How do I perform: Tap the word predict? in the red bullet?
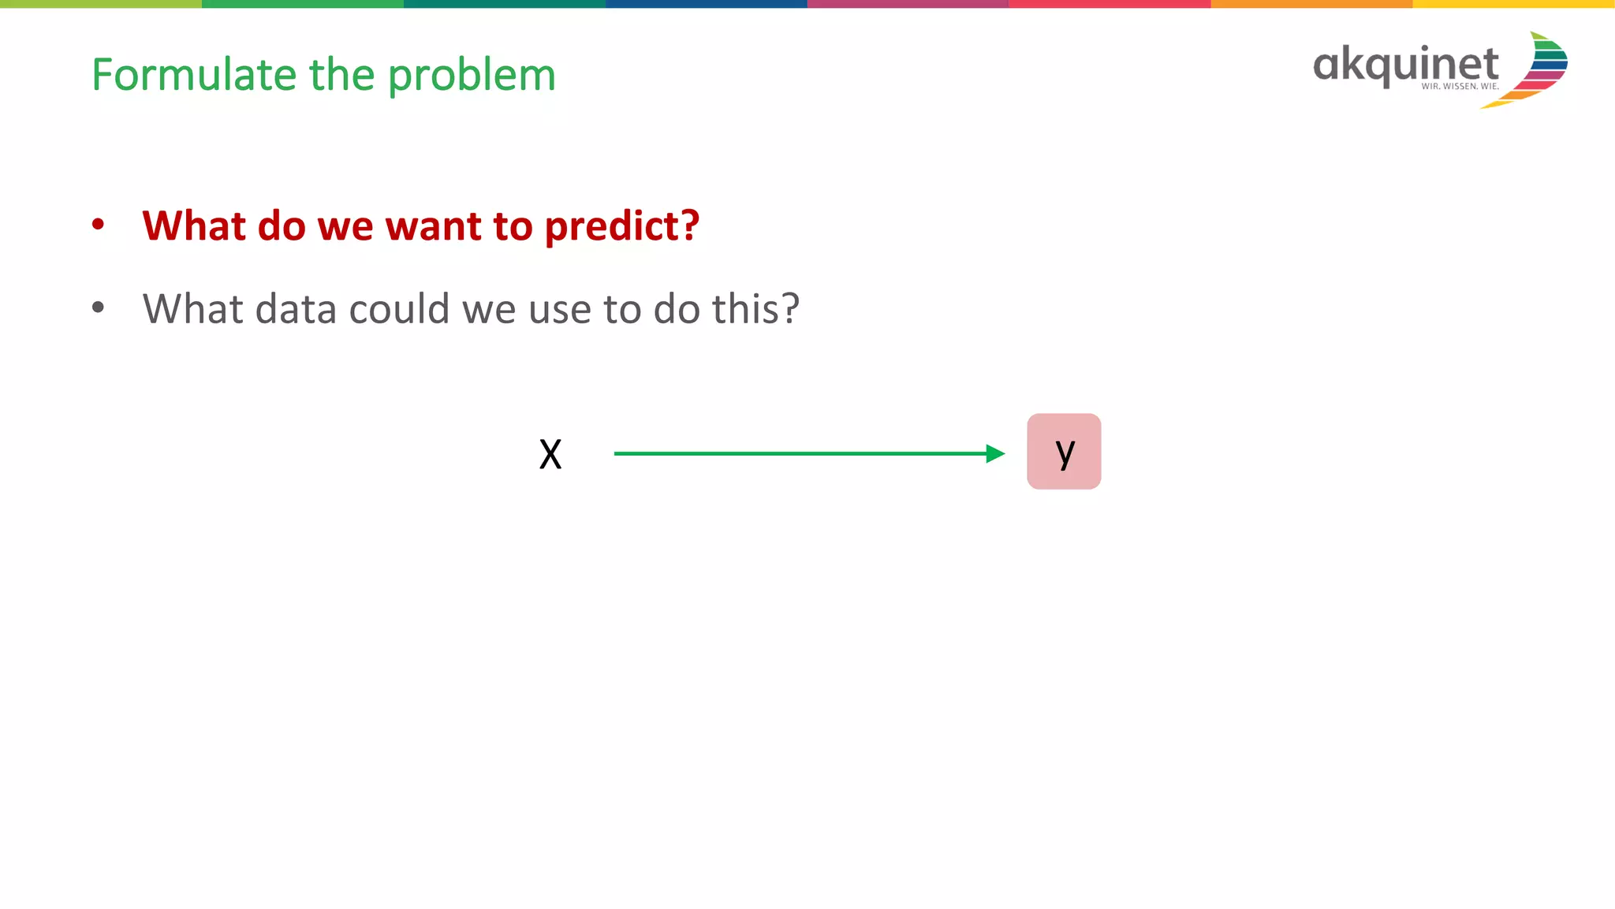click(x=621, y=227)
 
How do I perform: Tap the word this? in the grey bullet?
click(x=755, y=308)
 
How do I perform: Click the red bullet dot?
click(x=98, y=225)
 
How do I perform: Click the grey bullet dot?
click(x=98, y=307)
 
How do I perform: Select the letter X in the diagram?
click(x=550, y=454)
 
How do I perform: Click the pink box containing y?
click(x=1064, y=451)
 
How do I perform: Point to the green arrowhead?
click(x=995, y=453)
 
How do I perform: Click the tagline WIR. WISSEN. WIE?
click(x=1460, y=87)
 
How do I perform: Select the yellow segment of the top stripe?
click(x=1513, y=4)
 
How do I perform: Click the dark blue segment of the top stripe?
click(x=706, y=4)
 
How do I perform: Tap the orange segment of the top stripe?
click(x=1311, y=4)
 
